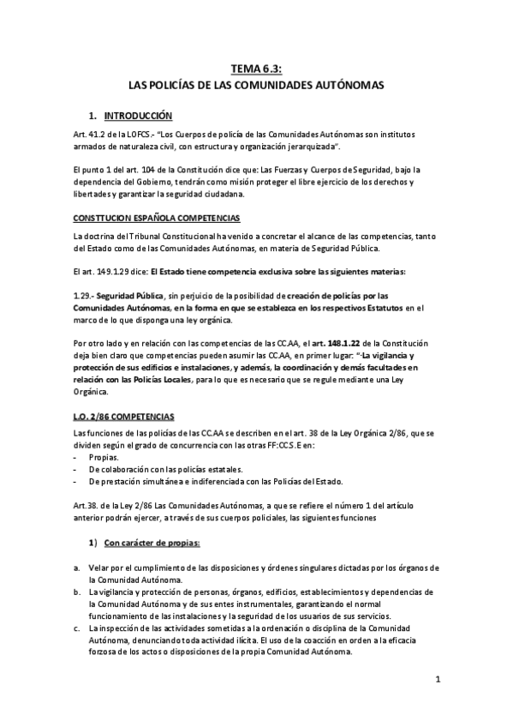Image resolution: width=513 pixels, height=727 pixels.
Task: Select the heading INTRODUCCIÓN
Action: point(138,116)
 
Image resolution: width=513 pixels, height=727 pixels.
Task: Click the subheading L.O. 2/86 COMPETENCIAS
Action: point(125,417)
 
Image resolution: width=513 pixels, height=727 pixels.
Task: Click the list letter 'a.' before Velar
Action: point(78,568)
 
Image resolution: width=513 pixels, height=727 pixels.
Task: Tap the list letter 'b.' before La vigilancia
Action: point(78,592)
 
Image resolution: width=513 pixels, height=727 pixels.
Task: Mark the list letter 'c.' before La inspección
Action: point(78,628)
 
